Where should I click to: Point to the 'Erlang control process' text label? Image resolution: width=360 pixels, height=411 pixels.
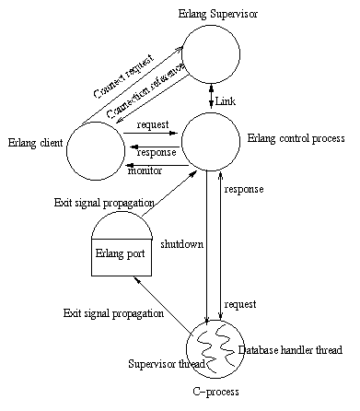coord(296,138)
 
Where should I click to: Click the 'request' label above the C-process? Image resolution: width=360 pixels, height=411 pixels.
coord(239,303)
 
